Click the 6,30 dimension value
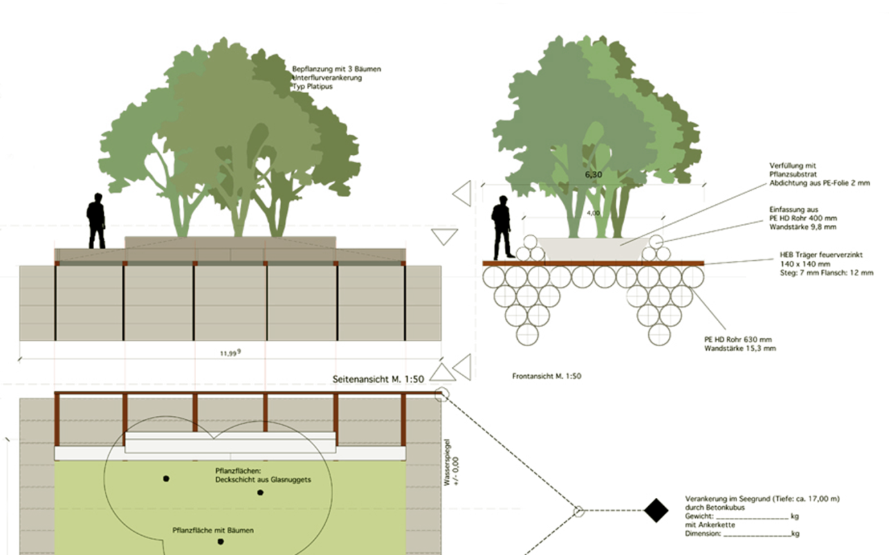(x=593, y=175)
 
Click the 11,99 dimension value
(x=230, y=353)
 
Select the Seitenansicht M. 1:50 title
(x=378, y=379)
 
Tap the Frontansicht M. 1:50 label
(x=547, y=376)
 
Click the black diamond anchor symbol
(x=656, y=510)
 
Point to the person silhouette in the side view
(x=96, y=221)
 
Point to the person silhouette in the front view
(x=502, y=227)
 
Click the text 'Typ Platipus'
(x=313, y=87)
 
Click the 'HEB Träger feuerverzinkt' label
(x=821, y=255)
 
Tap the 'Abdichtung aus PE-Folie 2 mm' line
(x=820, y=183)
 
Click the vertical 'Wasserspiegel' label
(x=447, y=463)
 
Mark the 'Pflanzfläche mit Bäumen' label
(x=213, y=531)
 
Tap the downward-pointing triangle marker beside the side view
(x=444, y=236)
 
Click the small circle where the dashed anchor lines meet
(x=579, y=511)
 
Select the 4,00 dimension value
(x=593, y=213)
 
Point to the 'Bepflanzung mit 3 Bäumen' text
(x=336, y=69)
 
